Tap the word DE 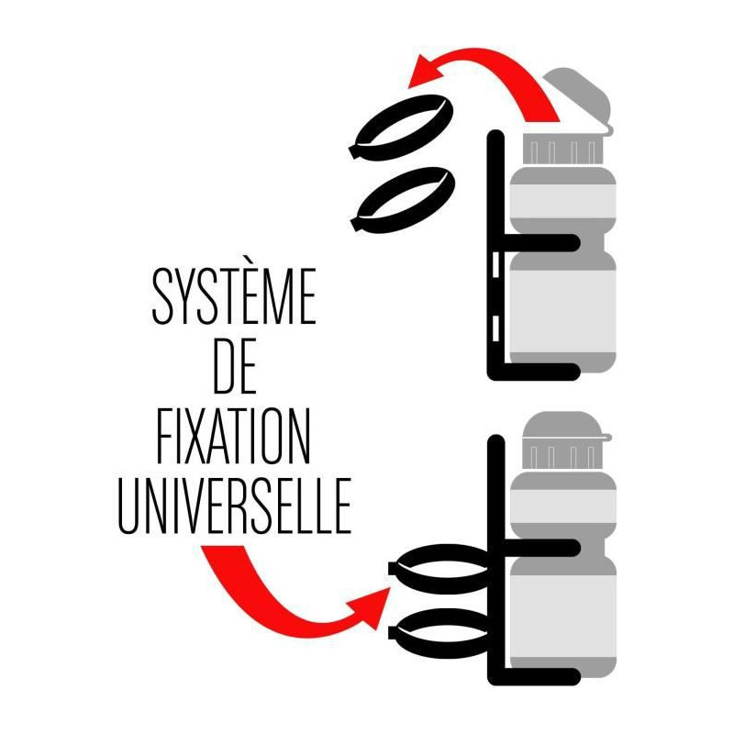(x=235, y=365)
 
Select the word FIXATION (x=233, y=436)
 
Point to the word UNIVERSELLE (x=235, y=506)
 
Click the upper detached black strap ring (x=401, y=127)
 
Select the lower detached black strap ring (x=403, y=199)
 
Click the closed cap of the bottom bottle (x=565, y=428)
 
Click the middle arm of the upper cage (x=542, y=242)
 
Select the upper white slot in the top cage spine (x=496, y=263)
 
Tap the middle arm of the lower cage (x=542, y=547)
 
